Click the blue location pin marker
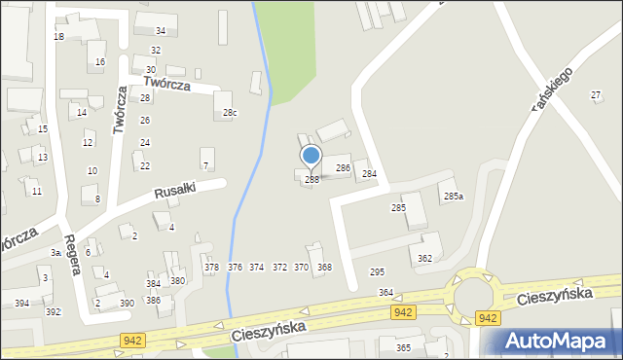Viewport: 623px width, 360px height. pyautogui.click(x=311, y=156)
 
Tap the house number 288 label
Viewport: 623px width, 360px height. pyautogui.click(x=311, y=179)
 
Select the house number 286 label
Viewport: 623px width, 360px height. pyautogui.click(x=343, y=168)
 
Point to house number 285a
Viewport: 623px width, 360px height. pyautogui.click(x=454, y=197)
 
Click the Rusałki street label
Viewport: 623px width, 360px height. pyautogui.click(x=174, y=193)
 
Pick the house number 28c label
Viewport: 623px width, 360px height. pyautogui.click(x=230, y=113)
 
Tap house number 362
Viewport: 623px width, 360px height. pyautogui.click(x=424, y=258)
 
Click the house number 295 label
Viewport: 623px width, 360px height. pyautogui.click(x=377, y=271)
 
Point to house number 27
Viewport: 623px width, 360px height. pyautogui.click(x=596, y=94)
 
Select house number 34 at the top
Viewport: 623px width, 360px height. pyautogui.click(x=161, y=31)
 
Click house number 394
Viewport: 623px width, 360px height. pyautogui.click(x=21, y=304)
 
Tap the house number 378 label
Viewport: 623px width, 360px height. pyautogui.click(x=211, y=267)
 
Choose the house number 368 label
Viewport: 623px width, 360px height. pyautogui.click(x=324, y=267)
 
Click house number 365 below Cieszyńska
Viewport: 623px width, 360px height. pyautogui.click(x=403, y=347)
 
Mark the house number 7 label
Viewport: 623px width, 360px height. pyautogui.click(x=205, y=165)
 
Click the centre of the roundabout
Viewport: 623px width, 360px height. pyautogui.click(x=475, y=291)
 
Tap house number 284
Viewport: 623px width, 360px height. pyautogui.click(x=369, y=174)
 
